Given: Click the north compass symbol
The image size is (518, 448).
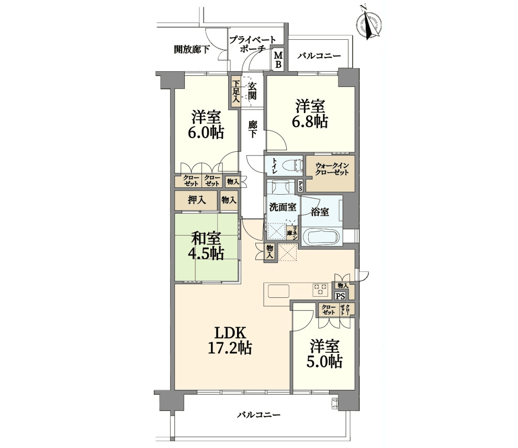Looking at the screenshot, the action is click(x=369, y=24).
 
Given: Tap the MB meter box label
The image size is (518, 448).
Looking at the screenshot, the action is click(x=278, y=60).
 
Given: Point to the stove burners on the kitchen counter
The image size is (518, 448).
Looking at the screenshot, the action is click(x=320, y=290).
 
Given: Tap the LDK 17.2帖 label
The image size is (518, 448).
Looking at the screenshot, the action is click(x=230, y=340).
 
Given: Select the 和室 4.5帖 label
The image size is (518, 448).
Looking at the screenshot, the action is click(x=206, y=245).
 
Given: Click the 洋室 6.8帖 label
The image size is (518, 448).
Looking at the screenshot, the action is click(x=310, y=114).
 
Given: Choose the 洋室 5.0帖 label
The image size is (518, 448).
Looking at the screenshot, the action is click(x=324, y=354).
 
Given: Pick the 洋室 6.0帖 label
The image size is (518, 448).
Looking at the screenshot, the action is click(x=206, y=125).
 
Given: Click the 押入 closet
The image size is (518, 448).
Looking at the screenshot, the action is click(x=196, y=200).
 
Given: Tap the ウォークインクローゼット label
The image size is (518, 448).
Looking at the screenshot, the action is click(x=332, y=169).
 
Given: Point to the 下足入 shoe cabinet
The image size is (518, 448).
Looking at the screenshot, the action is click(x=235, y=91).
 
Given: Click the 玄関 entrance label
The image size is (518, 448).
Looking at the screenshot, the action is click(x=252, y=91).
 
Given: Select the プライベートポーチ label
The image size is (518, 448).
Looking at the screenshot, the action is click(x=252, y=44).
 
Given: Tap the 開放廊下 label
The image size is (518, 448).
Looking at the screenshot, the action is click(x=192, y=50).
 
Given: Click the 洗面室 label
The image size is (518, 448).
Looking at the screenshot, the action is click(x=283, y=207).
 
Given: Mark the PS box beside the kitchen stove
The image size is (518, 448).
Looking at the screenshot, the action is click(x=340, y=296).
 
